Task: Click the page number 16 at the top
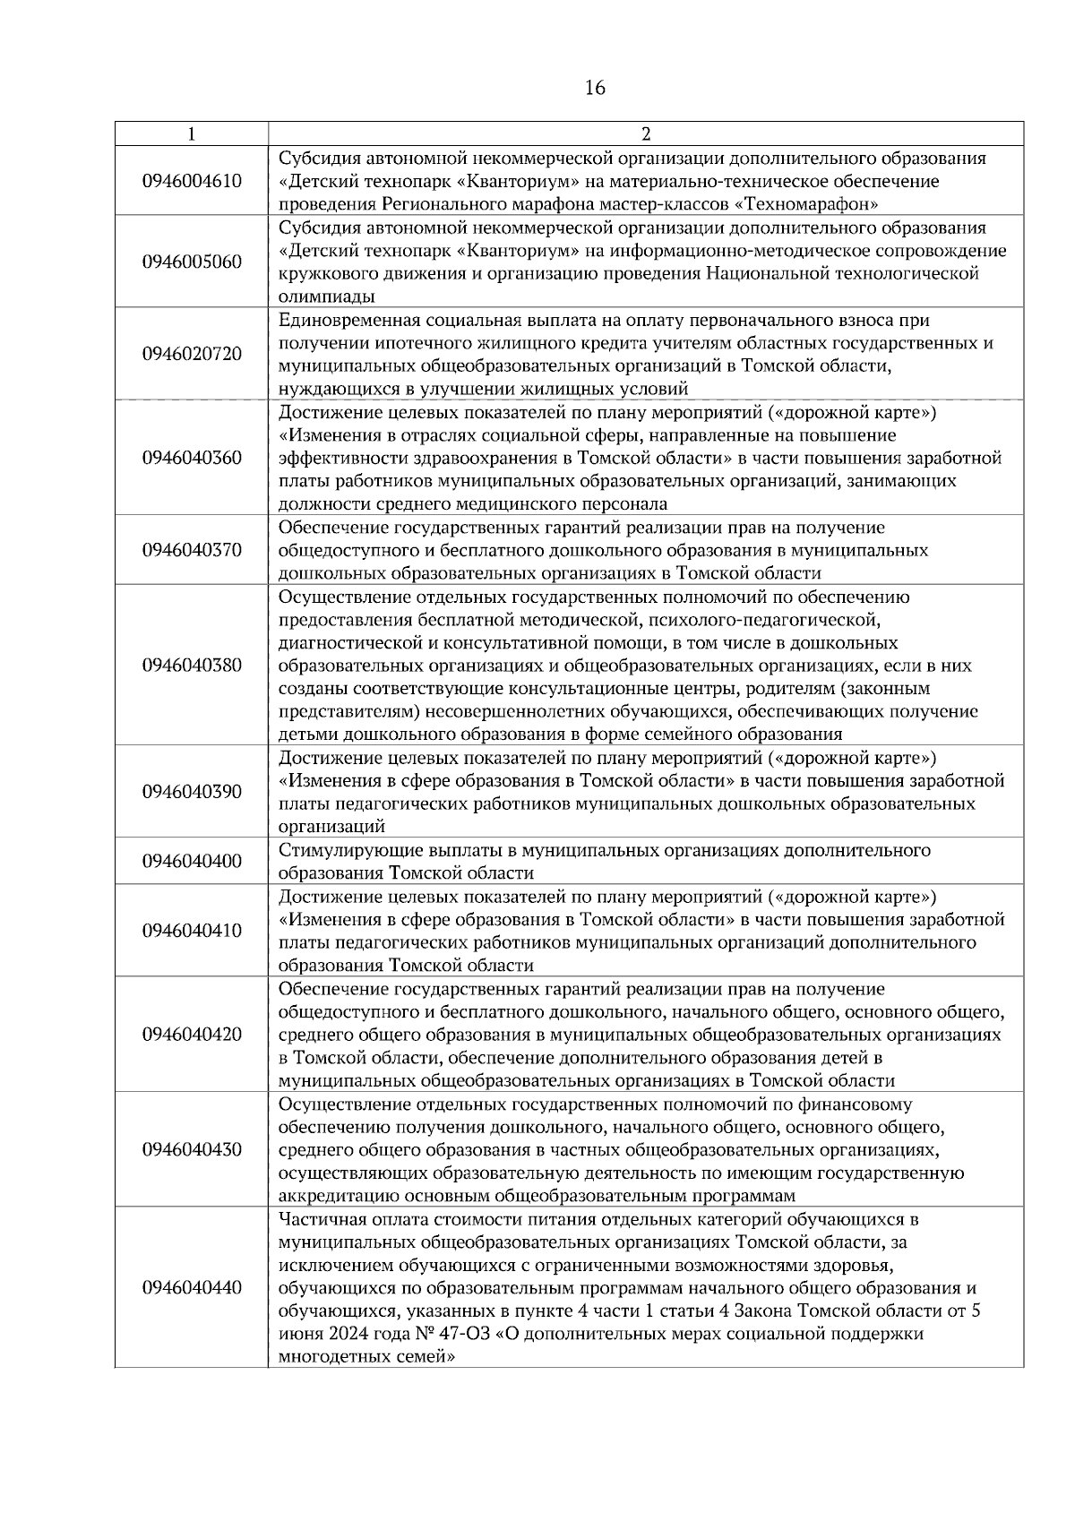(595, 88)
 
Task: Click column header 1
(192, 134)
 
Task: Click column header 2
(646, 134)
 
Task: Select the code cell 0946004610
(192, 181)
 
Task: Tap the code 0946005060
(192, 262)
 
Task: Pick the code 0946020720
(192, 354)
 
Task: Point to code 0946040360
(192, 458)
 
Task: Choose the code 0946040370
(192, 550)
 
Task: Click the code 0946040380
(192, 666)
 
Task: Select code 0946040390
(192, 792)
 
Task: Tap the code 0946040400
(192, 862)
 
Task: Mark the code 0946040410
(192, 931)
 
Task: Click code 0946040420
(192, 1035)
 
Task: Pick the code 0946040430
(192, 1149)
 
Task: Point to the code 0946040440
(192, 1288)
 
